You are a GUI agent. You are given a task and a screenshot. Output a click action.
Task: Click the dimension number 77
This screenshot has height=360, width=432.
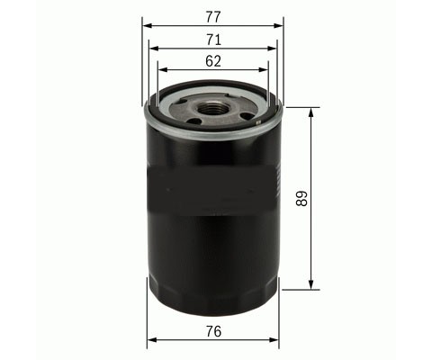(x=213, y=17)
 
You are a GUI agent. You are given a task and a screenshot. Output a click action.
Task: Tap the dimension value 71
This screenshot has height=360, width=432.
(x=213, y=40)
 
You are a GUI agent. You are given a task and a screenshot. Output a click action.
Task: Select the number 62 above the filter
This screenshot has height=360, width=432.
(x=213, y=61)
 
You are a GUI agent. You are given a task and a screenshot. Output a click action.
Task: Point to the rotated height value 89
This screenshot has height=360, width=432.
(x=301, y=199)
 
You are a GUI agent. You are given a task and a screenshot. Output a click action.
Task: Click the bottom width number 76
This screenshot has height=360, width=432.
(x=213, y=331)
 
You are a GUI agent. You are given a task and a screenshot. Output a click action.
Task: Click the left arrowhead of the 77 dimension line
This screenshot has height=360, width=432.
(x=147, y=26)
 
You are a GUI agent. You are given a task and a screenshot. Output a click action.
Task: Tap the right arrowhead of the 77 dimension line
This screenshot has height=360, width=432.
(x=278, y=26)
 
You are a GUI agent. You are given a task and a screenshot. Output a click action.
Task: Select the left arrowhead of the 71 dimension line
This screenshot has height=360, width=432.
(x=154, y=49)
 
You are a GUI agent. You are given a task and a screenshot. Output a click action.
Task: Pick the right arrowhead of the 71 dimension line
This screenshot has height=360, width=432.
(x=271, y=49)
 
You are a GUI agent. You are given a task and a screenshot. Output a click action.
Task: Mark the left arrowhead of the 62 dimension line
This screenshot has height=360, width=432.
(x=163, y=69)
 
